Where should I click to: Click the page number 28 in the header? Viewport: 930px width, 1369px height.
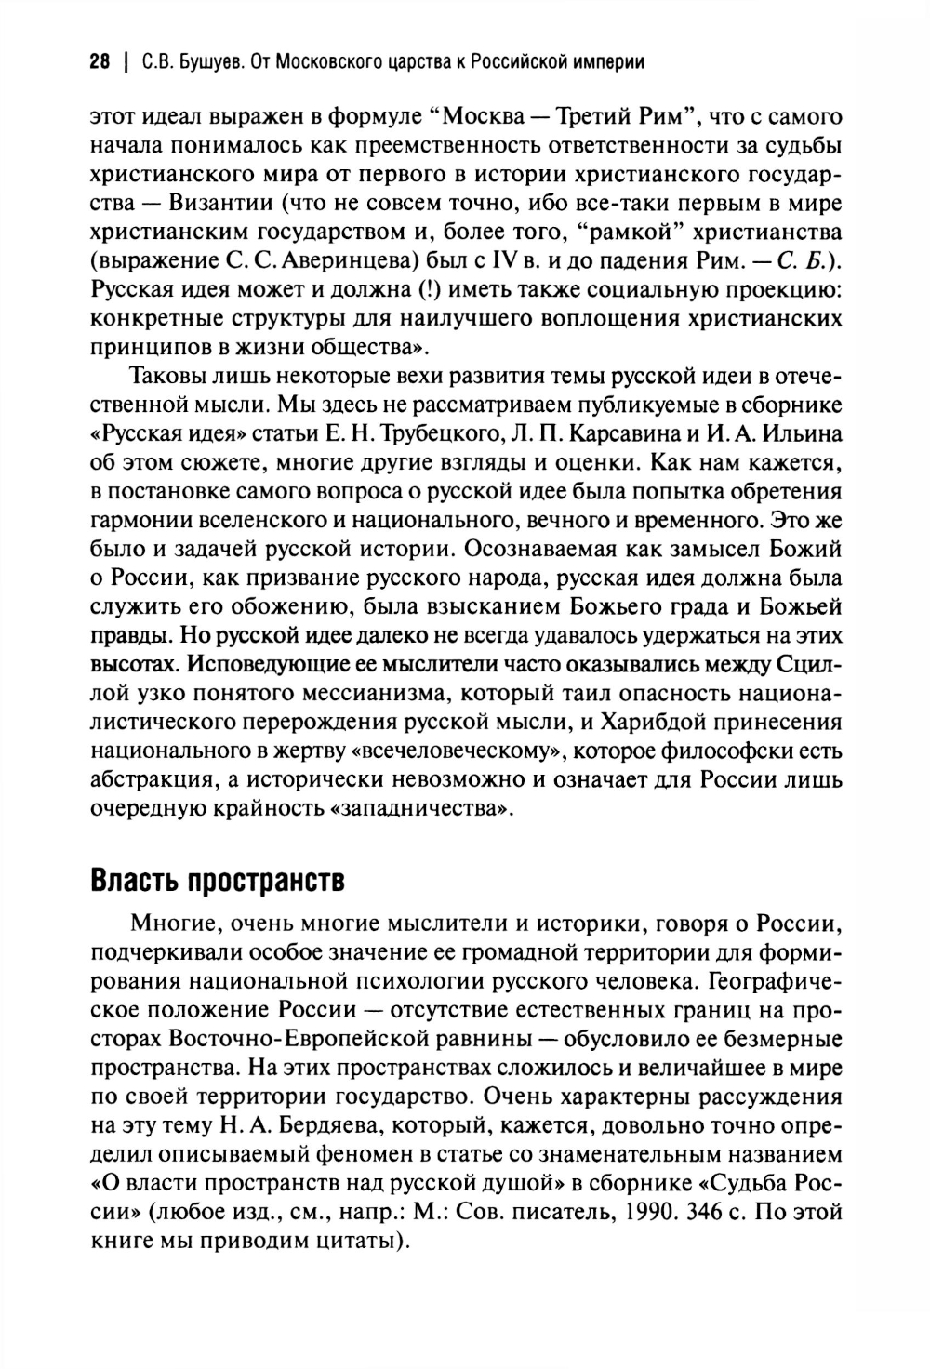[100, 63]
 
